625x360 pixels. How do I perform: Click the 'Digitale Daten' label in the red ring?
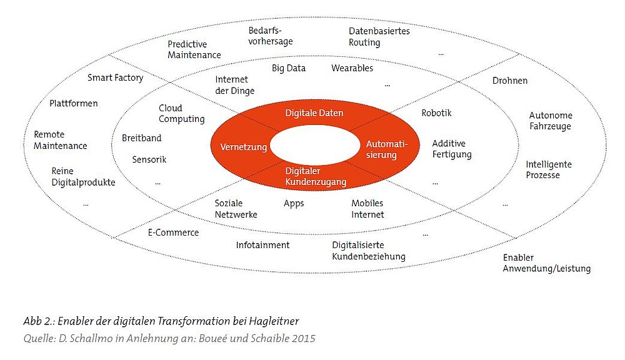pyautogui.click(x=314, y=113)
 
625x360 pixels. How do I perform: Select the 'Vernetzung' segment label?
pyautogui.click(x=244, y=147)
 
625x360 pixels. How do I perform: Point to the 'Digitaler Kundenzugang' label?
pyautogui.click(x=316, y=176)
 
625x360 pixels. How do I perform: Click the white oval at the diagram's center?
pyautogui.click(x=315, y=145)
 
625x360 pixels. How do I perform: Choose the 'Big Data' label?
pyautogui.click(x=289, y=68)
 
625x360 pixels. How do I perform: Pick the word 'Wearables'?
pyautogui.click(x=352, y=68)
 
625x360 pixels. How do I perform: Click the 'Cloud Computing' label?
pyautogui.click(x=182, y=114)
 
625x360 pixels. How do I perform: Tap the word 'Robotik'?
pyautogui.click(x=436, y=113)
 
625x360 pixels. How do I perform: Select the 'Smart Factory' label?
pyautogui.click(x=115, y=77)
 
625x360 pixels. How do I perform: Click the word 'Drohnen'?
pyautogui.click(x=510, y=81)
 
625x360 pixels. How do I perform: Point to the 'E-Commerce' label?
pyautogui.click(x=173, y=232)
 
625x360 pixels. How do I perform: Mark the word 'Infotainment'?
pyautogui.click(x=262, y=245)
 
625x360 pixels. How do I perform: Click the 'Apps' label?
pyautogui.click(x=294, y=204)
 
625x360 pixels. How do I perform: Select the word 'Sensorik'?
pyautogui.click(x=149, y=159)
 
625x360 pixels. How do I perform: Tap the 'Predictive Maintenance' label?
pyautogui.click(x=194, y=49)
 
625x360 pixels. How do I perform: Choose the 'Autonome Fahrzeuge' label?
pyautogui.click(x=551, y=121)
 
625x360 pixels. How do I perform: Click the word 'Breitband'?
pyautogui.click(x=141, y=138)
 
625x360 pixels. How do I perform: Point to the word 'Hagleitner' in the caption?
pyautogui.click(x=274, y=321)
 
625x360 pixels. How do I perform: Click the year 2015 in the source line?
pyautogui.click(x=303, y=339)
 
